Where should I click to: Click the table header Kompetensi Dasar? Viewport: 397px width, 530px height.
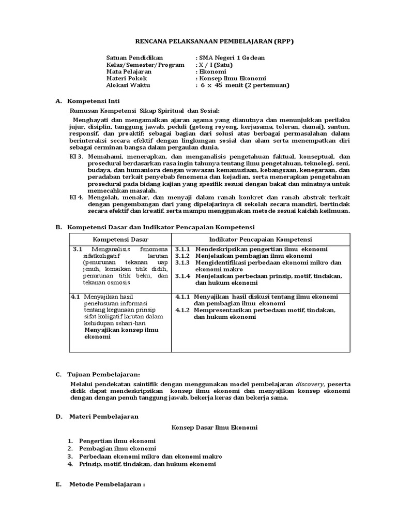[x=120, y=240]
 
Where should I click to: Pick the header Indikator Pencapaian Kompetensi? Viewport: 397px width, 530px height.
[x=261, y=240]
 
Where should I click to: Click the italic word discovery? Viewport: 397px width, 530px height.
[x=310, y=384]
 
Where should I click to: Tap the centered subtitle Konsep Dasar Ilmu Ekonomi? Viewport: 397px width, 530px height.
[x=214, y=428]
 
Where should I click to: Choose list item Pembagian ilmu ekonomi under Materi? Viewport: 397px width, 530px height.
[x=117, y=448]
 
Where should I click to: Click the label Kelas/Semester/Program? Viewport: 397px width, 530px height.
[x=145, y=65]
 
